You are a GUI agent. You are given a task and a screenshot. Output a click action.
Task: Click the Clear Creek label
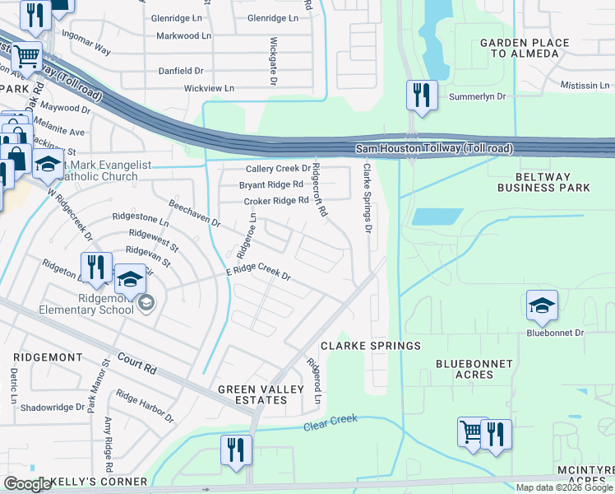[331, 423]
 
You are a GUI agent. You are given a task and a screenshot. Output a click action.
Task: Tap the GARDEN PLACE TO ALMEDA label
[520, 48]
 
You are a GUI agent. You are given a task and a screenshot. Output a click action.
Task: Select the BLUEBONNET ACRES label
[474, 369]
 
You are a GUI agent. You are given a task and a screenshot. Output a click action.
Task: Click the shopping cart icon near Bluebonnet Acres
[472, 433]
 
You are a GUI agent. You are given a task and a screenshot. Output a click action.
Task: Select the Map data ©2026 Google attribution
[564, 487]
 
